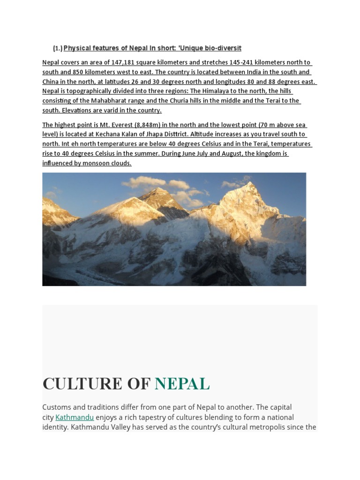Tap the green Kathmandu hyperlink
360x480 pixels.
(75, 417)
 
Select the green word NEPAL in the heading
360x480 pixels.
(182, 383)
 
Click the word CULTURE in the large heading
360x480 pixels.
(82, 383)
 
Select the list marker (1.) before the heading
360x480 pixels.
(58, 48)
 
